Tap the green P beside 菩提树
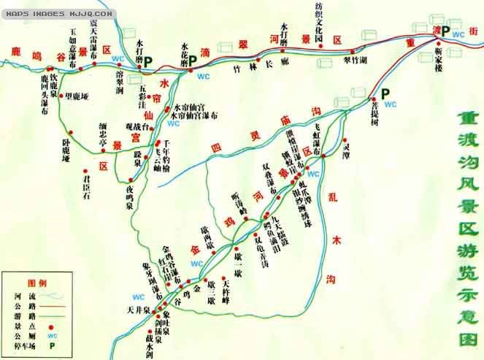pyautogui.click(x=385, y=93)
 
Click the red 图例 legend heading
pyautogui.click(x=36, y=283)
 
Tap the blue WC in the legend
pyautogui.click(x=51, y=335)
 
